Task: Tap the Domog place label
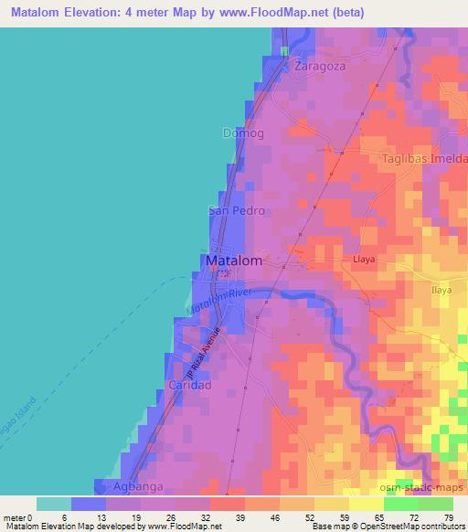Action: click(x=243, y=133)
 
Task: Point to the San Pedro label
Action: click(x=237, y=210)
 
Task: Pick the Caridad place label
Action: click(x=189, y=386)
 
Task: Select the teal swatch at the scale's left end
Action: click(x=54, y=504)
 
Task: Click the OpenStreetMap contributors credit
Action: click(x=410, y=527)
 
